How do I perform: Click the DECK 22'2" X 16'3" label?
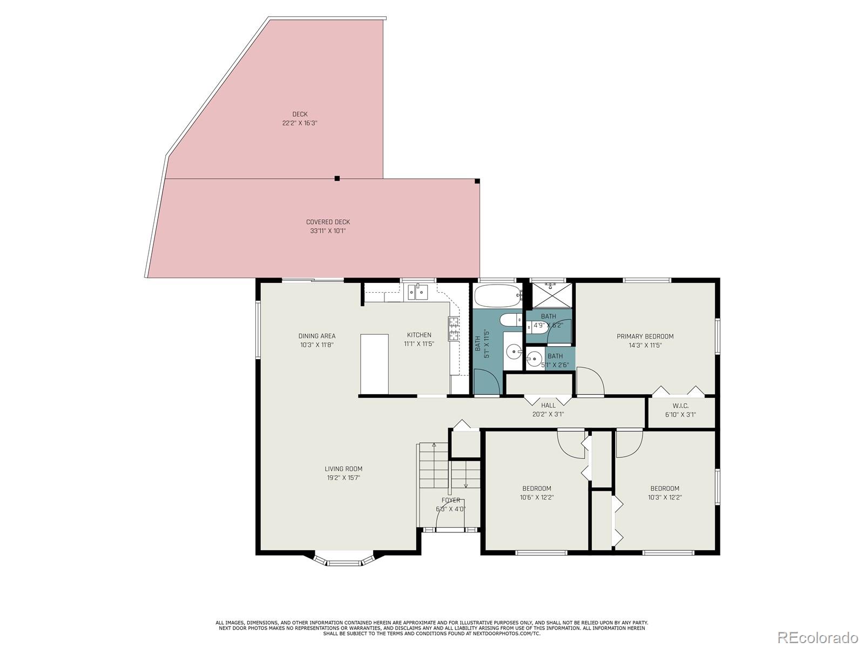300,119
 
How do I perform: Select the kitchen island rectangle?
374,363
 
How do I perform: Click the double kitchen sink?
417,293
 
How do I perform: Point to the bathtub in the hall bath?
497,296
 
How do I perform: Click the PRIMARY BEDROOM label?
645,340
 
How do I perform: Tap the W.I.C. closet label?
680,410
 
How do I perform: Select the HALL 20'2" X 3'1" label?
548,410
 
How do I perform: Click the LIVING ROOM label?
343,473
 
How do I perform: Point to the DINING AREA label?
317,340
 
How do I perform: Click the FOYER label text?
450,501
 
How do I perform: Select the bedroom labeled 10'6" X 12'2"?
536,492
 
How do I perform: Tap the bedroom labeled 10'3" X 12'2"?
664,492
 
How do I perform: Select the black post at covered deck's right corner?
477,181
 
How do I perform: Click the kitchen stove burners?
454,328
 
